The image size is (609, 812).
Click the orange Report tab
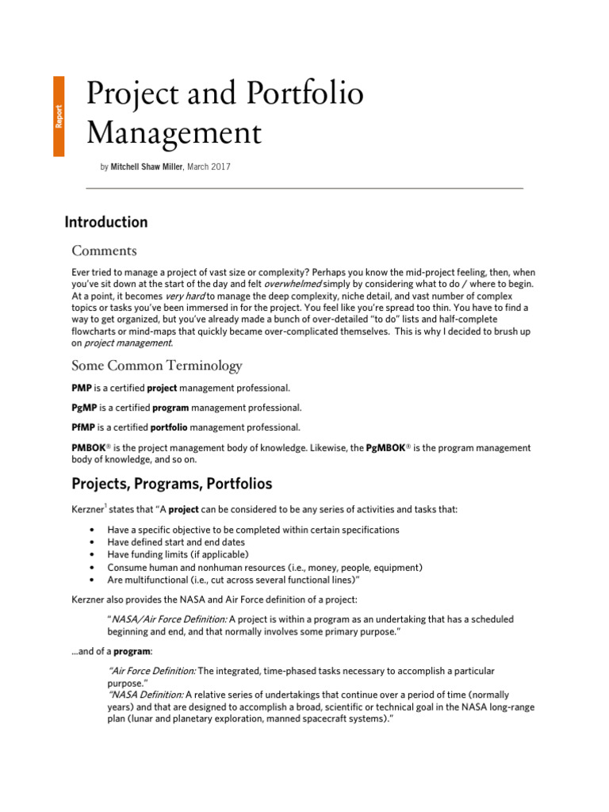click(x=59, y=117)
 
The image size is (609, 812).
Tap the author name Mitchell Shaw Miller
click(x=147, y=167)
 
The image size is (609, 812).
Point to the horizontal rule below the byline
click(x=304, y=188)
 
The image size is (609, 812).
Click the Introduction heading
click(x=105, y=223)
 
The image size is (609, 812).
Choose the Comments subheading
click(x=104, y=251)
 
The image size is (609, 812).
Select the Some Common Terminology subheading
click(x=156, y=366)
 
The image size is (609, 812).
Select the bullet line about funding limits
click(x=178, y=554)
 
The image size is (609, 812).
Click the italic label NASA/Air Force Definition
click(x=167, y=619)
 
